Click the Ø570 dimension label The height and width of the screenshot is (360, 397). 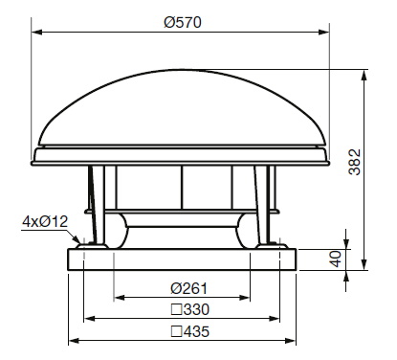point(183,22)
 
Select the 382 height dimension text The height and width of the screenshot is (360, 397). point(354,162)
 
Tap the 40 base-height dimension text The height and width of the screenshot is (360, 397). point(336,259)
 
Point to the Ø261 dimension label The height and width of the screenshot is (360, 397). point(189,288)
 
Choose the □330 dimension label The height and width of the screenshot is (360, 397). point(190,309)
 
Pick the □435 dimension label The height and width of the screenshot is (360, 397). point(190,331)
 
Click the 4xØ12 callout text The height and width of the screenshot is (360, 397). point(45,221)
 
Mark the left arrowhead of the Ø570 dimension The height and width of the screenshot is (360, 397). point(37,32)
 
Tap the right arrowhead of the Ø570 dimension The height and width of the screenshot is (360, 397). point(323,32)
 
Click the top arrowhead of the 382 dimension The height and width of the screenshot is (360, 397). point(364,76)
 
